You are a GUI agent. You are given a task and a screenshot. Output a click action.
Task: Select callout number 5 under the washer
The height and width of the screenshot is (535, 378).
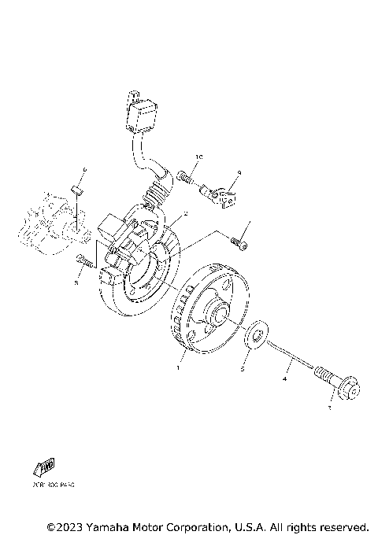pos(243,368)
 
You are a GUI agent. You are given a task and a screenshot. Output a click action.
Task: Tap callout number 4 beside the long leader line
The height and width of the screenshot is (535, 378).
pos(285,379)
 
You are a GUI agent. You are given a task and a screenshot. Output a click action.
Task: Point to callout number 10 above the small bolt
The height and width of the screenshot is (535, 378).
pos(199,157)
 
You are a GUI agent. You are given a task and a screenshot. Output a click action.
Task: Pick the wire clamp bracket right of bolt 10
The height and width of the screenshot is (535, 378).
pos(228,193)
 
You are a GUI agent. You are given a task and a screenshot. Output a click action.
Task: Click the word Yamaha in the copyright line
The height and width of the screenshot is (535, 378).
pos(109,526)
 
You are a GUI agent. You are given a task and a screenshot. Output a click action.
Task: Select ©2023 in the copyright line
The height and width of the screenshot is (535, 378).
pos(64,526)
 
